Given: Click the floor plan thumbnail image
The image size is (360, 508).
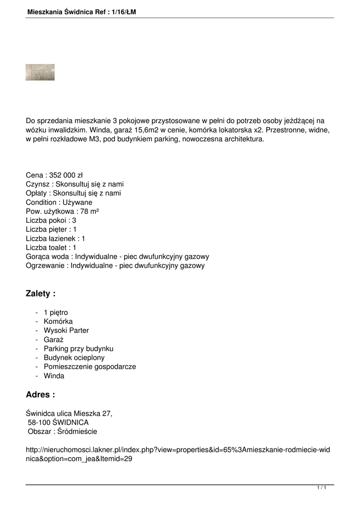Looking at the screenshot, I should (x=40, y=72).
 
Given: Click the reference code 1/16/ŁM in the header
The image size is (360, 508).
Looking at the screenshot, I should (x=121, y=11).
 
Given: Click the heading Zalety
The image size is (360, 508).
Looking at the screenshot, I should (x=40, y=294).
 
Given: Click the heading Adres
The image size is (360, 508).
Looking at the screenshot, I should (x=40, y=395).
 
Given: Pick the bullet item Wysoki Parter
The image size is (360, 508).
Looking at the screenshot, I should (x=66, y=330).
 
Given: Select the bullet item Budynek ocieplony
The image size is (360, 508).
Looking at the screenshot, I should (x=74, y=358).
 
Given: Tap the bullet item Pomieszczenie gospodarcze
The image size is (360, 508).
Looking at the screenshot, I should (x=89, y=367).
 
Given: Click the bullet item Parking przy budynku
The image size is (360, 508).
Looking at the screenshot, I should (x=78, y=349).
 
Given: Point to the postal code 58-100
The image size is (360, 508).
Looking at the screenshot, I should (x=39, y=422).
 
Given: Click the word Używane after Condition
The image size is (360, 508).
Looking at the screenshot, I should (x=75, y=202).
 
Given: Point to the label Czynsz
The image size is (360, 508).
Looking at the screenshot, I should (x=37, y=184).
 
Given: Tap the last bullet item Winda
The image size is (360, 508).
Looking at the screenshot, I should (x=54, y=376).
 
